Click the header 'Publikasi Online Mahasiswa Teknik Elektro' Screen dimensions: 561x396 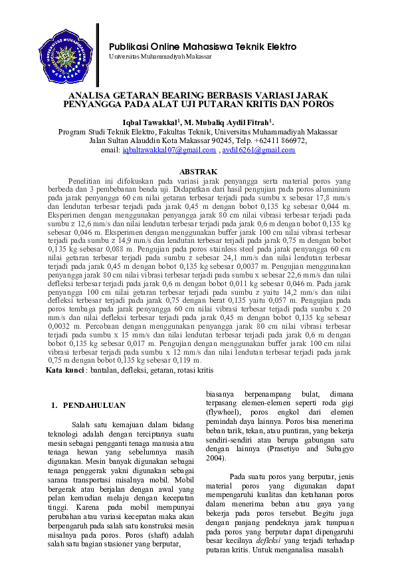(203, 47)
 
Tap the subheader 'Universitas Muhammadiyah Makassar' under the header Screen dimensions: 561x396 (160, 57)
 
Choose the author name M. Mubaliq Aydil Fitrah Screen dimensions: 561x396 (227, 123)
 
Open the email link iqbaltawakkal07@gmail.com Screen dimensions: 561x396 (170, 151)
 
